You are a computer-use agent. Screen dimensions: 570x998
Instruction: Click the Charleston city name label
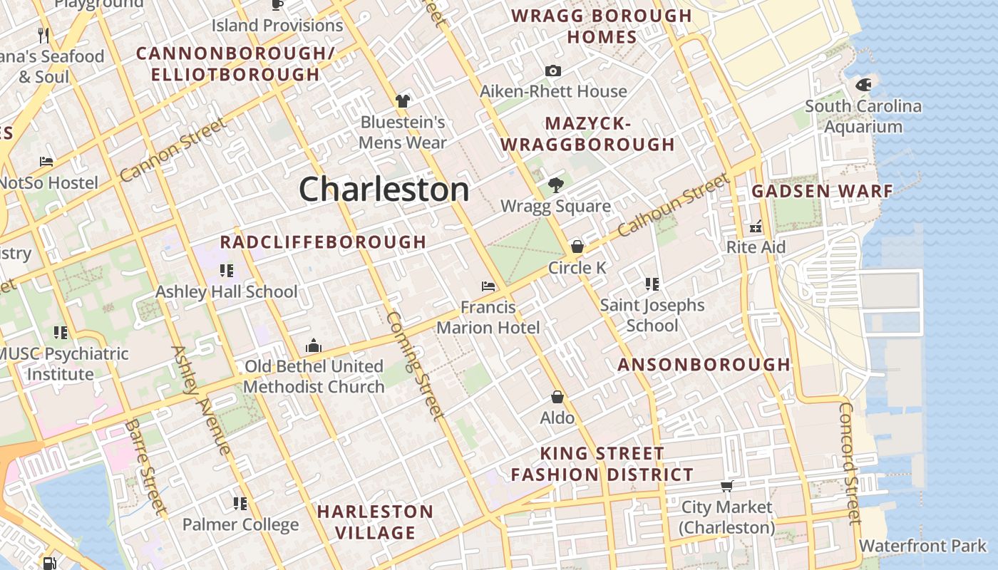coord(384,190)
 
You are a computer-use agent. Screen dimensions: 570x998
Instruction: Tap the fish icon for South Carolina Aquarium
coord(863,85)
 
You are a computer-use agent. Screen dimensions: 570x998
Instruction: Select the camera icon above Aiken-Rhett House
coord(552,71)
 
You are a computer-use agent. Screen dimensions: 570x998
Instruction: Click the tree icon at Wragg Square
coord(555,186)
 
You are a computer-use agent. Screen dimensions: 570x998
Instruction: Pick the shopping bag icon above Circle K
coord(577,247)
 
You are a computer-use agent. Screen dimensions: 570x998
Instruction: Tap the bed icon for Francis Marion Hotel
coord(488,286)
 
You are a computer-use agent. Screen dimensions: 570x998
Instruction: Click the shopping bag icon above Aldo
coord(557,397)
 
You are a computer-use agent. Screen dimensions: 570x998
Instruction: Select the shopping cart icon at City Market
coord(726,487)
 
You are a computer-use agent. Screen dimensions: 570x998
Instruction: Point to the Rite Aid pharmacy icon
coord(756,227)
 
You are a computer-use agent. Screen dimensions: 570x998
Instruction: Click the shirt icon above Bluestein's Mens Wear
coord(403,101)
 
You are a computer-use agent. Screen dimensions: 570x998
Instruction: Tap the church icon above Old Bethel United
coord(313,346)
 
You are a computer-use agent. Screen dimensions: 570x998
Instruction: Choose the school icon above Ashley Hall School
coord(226,271)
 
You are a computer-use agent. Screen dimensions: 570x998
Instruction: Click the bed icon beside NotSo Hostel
coord(46,162)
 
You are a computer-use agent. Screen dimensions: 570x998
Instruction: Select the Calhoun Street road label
coord(674,205)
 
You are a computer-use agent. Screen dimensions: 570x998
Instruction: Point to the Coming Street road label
coord(416,365)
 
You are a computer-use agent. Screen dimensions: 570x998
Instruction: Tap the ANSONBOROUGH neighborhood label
coord(704,365)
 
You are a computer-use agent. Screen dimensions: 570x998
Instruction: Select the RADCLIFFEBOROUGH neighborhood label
coord(323,242)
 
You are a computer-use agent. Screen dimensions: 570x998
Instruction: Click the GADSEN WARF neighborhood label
coord(822,191)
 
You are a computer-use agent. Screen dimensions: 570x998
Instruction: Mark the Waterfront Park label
coord(922,546)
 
